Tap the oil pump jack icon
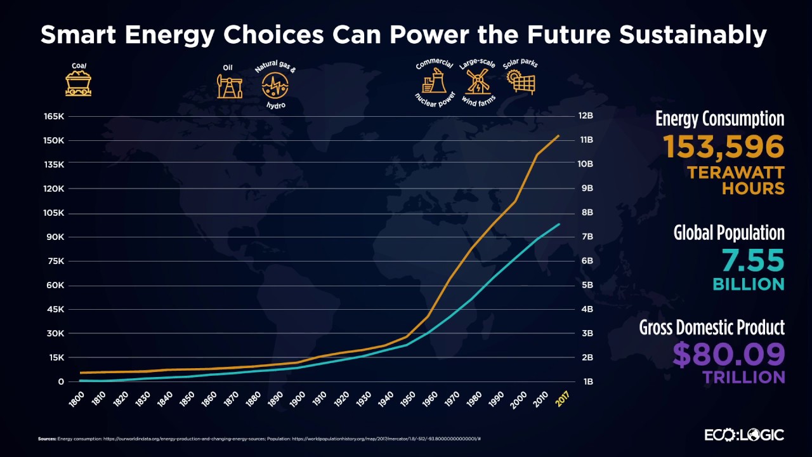point(229,86)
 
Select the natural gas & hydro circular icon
point(275,85)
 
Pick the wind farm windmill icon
point(478,81)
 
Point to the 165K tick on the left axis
point(54,117)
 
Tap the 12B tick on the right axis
point(585,117)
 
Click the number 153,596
point(724,147)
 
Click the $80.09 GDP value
point(728,355)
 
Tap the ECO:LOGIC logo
point(744,435)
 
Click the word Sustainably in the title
point(693,36)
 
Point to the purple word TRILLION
point(743,377)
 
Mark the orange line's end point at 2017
point(559,135)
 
